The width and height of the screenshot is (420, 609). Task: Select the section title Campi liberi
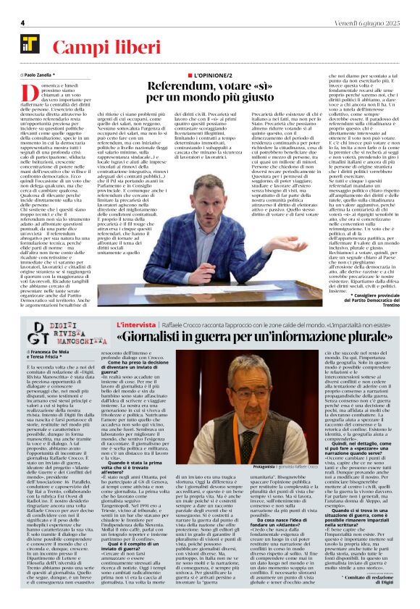pos(93,49)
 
